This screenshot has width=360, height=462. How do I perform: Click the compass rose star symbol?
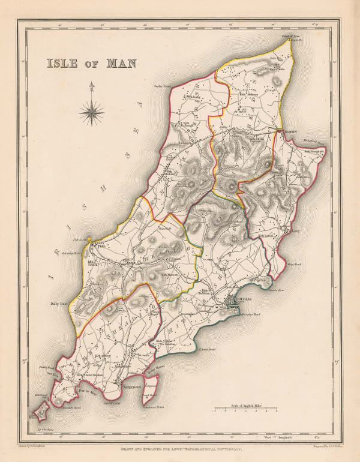[x=91, y=111]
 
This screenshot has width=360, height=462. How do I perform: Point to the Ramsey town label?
[x=286, y=131]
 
